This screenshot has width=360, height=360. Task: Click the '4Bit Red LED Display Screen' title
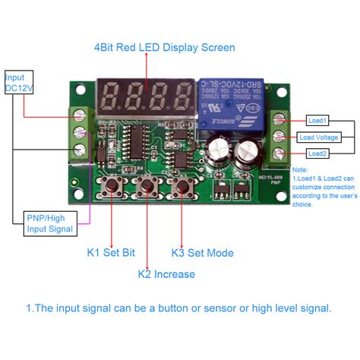pyautogui.click(x=164, y=47)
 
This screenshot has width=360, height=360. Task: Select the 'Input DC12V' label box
pyautogui.click(x=19, y=83)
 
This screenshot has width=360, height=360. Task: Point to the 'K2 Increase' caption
pyautogui.click(x=166, y=273)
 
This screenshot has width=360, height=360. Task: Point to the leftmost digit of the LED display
pyautogui.click(x=109, y=97)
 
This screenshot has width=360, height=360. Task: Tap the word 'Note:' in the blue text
pyautogui.click(x=300, y=170)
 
